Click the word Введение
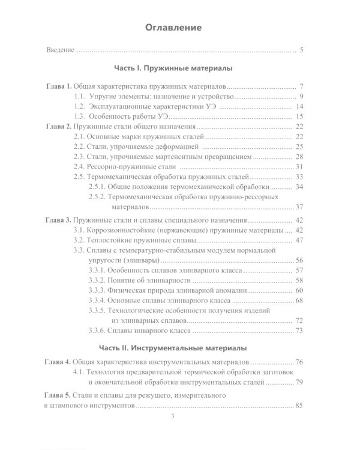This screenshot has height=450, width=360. click(60, 50)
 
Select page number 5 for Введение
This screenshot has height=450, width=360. click(302, 50)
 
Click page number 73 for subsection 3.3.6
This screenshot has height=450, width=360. click(301, 331)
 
